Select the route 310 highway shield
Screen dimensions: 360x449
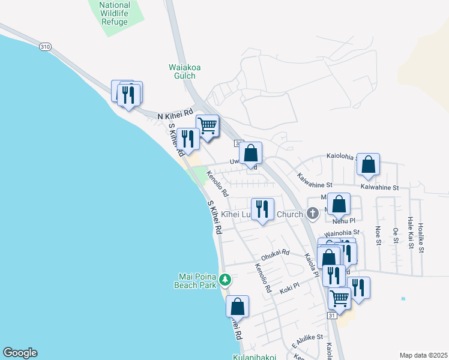44,46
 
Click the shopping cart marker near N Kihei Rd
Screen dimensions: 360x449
207,125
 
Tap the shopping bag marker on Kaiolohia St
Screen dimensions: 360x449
368,164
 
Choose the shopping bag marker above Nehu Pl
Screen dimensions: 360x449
339,204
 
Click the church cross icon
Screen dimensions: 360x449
312,213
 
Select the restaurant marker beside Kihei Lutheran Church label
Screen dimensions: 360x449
262,209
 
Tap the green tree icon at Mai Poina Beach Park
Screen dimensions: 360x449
225,280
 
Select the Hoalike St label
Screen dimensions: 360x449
421,233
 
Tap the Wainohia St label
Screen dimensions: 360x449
341,232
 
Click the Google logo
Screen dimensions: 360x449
20,353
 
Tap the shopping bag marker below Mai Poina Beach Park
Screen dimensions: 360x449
238,306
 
